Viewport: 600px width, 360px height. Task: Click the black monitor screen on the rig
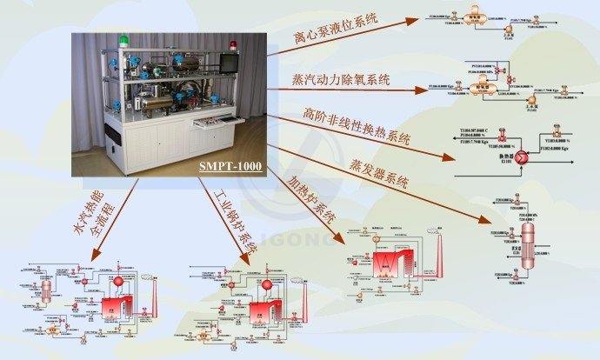[229, 63]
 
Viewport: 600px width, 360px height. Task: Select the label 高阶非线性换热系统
[357, 126]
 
